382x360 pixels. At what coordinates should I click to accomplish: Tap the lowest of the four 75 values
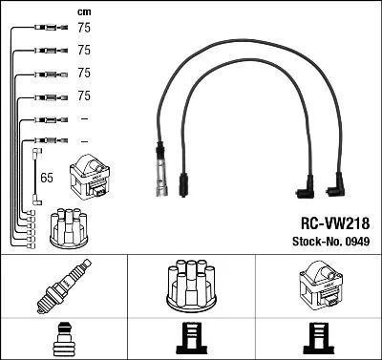83,95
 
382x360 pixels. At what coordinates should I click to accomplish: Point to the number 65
46,178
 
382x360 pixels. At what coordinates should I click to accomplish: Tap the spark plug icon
62,286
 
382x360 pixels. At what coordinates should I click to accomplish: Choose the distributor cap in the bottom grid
190,284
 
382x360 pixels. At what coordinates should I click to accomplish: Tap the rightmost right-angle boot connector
337,184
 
